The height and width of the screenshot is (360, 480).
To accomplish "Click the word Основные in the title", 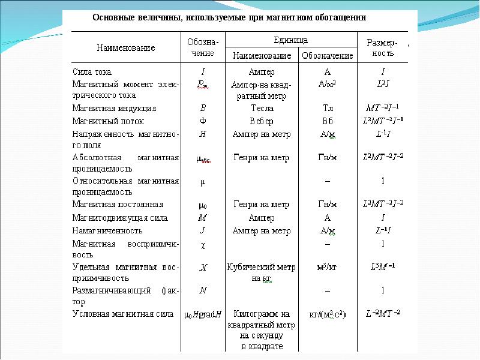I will click(113, 17).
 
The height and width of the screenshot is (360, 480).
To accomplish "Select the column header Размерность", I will click(381, 47).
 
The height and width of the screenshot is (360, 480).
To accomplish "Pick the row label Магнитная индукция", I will click(114, 109).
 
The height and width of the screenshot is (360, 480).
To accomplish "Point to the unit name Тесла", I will click(262, 109).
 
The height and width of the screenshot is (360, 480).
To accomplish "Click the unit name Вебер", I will click(262, 121).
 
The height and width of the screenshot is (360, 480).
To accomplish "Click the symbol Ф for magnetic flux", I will click(203, 121).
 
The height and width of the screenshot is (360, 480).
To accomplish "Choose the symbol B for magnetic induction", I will click(203, 109).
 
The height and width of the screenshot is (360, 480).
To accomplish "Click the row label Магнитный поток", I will click(108, 121).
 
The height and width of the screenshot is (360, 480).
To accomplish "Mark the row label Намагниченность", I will click(107, 230).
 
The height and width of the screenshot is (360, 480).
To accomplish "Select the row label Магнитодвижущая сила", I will click(120, 218).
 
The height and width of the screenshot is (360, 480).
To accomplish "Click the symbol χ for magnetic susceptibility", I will click(203, 244).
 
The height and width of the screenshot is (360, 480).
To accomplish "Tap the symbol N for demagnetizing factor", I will click(203, 290).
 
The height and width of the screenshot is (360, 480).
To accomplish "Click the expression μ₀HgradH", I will click(202, 314).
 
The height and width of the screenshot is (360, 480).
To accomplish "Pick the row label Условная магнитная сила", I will click(122, 313).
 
